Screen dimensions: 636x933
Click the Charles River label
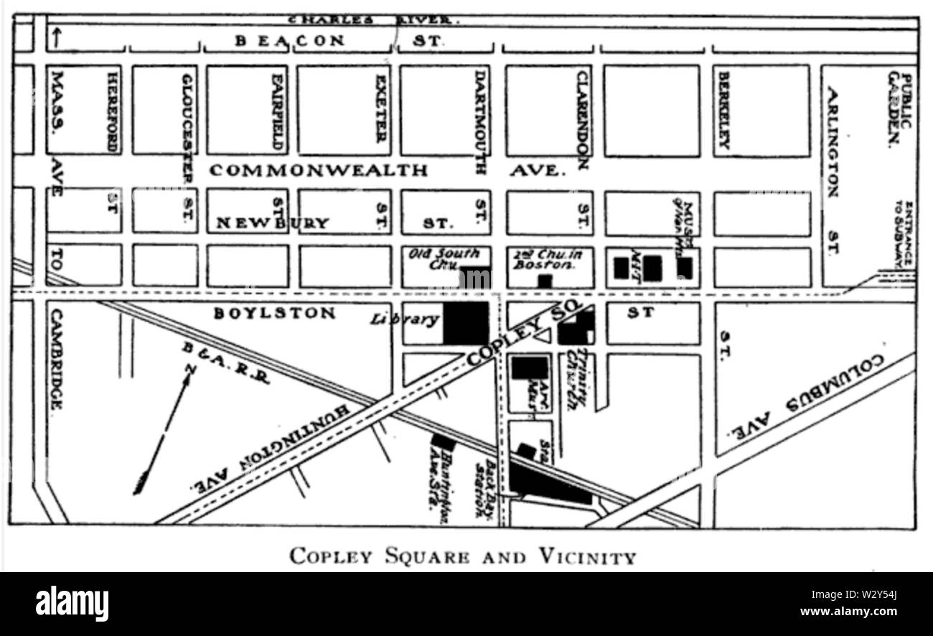pos(373,20)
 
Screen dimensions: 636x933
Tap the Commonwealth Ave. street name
pos(319,171)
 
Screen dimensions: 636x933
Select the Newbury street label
pos(272,223)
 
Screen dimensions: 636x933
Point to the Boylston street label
pos(274,314)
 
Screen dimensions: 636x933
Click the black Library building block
pos(466,323)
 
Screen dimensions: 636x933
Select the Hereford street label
pos(112,111)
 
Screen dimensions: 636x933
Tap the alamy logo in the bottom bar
pos(72,603)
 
